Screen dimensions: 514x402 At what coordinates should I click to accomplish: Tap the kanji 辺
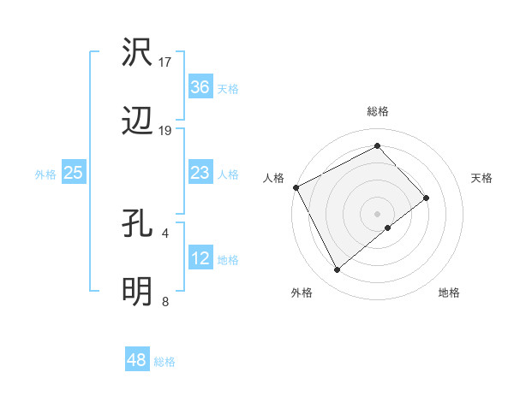click(x=138, y=122)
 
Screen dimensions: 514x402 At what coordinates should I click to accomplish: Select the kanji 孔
click(x=138, y=225)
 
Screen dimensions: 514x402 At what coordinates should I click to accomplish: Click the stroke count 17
click(x=165, y=62)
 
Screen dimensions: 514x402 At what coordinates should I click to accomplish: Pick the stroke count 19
click(x=165, y=131)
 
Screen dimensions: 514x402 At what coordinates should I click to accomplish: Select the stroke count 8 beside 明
click(x=164, y=301)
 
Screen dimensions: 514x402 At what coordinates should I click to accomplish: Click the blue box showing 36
click(x=200, y=87)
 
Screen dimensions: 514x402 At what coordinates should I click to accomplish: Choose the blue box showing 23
click(x=200, y=173)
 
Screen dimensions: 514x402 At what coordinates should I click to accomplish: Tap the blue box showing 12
click(x=200, y=258)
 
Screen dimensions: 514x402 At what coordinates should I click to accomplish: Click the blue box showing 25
click(x=74, y=173)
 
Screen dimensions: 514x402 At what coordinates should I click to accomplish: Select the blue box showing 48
click(x=137, y=360)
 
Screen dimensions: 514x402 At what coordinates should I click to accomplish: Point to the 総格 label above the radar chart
click(x=378, y=111)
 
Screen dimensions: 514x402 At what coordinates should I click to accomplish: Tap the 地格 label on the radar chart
click(x=449, y=293)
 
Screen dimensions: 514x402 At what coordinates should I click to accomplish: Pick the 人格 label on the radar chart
click(x=273, y=178)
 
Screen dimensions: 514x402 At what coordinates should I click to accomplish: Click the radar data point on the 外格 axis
click(x=337, y=270)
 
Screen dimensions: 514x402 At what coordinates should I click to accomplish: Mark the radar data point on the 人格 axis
click(x=296, y=187)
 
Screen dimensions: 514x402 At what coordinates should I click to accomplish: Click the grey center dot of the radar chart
click(x=378, y=213)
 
